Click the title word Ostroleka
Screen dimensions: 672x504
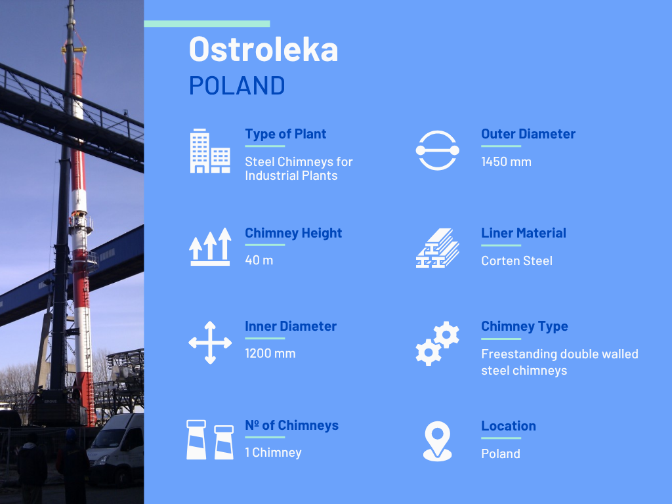[263, 49]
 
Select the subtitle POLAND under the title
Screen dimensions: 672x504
[237, 86]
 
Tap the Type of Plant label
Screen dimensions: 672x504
[285, 134]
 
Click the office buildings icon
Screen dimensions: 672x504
[210, 151]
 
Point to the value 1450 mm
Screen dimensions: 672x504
[506, 161]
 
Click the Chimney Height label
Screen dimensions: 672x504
[293, 233]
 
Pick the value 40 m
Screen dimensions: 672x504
[259, 260]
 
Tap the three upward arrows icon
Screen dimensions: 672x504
[210, 247]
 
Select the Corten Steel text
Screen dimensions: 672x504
[516, 261]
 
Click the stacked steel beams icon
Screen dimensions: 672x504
[437, 247]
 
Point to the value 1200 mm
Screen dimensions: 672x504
[270, 354]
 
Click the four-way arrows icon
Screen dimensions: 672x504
[210, 343]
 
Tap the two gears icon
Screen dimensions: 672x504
[437, 343]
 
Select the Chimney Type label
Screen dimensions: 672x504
[524, 327]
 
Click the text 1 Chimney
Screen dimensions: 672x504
[273, 453]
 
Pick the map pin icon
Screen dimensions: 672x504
[437, 441]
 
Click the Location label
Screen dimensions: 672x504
[509, 426]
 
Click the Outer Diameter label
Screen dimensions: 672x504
[528, 134]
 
